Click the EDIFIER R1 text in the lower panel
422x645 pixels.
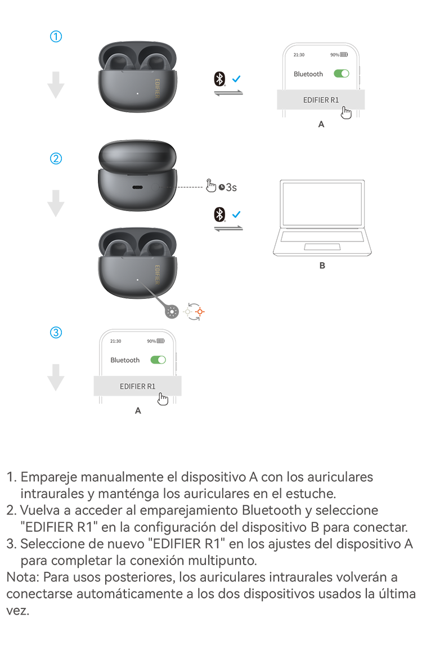pyautogui.click(x=138, y=386)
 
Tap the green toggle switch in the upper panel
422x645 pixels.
pyautogui.click(x=341, y=74)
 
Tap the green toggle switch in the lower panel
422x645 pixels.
pyautogui.click(x=156, y=360)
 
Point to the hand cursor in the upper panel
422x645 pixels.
pyautogui.click(x=346, y=113)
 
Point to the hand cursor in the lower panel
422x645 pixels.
pyautogui.click(x=162, y=398)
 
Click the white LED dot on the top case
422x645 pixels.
pyautogui.click(x=137, y=94)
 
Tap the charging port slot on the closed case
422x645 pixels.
pyautogui.click(x=137, y=187)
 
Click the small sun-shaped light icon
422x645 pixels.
pyautogui.click(x=172, y=311)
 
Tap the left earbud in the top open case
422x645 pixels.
pyautogui.click(x=118, y=62)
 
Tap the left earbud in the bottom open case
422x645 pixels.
pyautogui.click(x=118, y=248)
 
